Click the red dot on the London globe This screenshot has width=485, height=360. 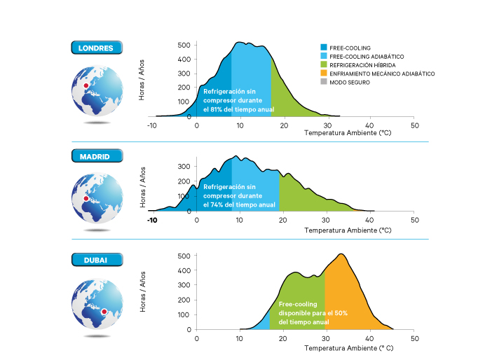point(86,85)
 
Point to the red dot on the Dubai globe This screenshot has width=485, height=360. point(104,311)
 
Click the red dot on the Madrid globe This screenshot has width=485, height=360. point(86,199)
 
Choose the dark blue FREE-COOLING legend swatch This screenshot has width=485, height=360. point(323,48)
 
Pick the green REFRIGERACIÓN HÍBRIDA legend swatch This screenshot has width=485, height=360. point(323,64)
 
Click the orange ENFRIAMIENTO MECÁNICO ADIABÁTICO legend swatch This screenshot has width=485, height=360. point(323,73)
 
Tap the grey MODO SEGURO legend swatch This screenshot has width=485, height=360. point(323,81)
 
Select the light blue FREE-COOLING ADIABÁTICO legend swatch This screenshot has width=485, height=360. point(323,56)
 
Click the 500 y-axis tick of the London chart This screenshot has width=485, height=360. point(184,45)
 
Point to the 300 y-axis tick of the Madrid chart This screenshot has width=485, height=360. point(184,167)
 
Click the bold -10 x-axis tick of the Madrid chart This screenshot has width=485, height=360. point(152,220)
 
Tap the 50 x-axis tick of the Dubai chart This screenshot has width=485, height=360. point(414,338)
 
